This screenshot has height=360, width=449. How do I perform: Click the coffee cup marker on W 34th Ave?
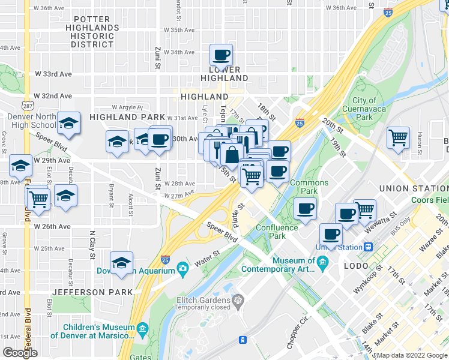221,55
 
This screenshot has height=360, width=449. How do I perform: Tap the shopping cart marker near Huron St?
398,137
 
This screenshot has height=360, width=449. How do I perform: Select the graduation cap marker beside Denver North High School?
69,124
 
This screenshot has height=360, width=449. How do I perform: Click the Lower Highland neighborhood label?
224,74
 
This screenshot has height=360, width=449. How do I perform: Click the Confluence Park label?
277,232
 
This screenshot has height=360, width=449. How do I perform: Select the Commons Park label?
309,187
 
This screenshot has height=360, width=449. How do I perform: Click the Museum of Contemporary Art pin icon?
323,261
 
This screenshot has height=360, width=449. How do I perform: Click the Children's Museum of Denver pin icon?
142,328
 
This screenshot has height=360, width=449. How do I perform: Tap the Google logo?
20,353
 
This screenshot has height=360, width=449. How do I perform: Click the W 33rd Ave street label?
53,74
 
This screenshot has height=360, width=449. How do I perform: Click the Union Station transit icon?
368,247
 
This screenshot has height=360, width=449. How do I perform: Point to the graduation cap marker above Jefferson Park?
121,263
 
